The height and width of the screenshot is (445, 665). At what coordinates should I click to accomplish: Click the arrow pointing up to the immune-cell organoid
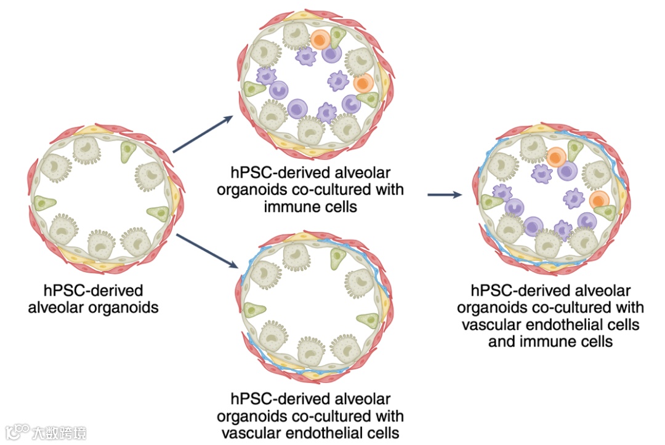tap(203, 134)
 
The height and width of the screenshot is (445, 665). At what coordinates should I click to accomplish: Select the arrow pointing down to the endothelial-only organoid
tap(206, 251)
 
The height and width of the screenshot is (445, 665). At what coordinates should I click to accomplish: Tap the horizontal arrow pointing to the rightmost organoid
tap(445, 195)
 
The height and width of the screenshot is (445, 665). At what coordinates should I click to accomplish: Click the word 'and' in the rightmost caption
tap(503, 341)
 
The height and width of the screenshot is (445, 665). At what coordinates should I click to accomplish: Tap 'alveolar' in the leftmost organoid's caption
tap(56, 307)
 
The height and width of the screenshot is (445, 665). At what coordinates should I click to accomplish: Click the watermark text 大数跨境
tap(60, 432)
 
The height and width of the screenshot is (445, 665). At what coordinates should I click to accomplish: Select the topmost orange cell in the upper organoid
tap(320, 40)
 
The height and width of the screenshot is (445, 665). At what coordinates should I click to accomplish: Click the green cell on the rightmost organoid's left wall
tap(493, 201)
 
